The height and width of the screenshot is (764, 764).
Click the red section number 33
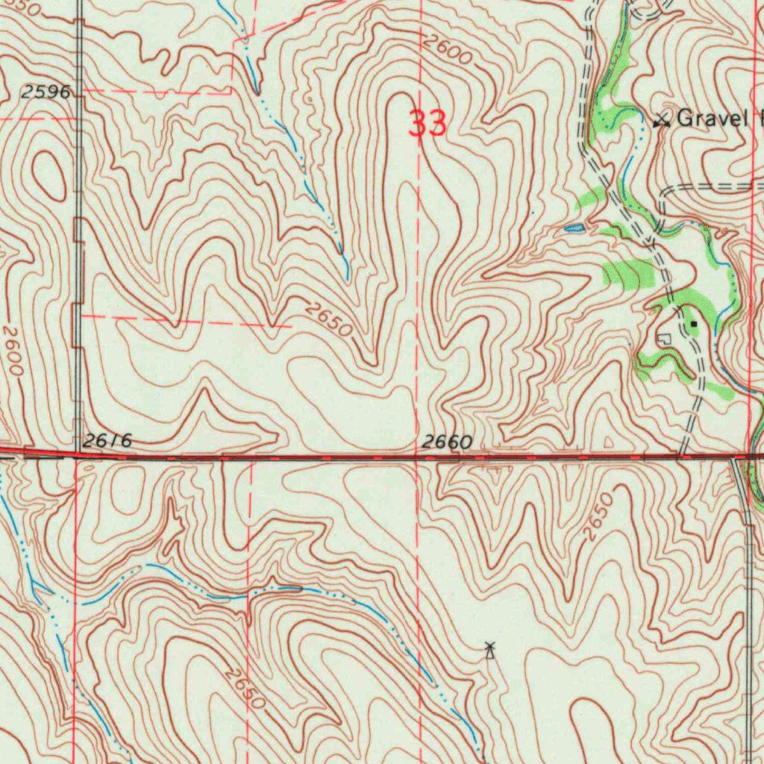coord(428,124)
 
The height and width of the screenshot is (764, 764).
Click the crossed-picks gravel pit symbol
coord(660,119)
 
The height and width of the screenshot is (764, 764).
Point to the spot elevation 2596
coord(46,93)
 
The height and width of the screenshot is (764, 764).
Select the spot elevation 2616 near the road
coord(107,442)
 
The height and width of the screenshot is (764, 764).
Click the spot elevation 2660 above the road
coord(446,442)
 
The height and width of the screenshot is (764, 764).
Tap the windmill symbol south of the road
coord(489,651)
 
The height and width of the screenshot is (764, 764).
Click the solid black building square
coord(694,325)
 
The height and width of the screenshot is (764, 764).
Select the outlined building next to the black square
coord(663,339)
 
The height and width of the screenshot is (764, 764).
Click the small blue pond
coord(574,228)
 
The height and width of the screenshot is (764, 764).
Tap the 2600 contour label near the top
coord(448,51)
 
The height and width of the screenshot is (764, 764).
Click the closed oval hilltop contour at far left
coord(49,175)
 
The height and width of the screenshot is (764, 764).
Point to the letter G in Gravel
coord(685,118)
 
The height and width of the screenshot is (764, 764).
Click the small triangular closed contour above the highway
coord(608,442)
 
